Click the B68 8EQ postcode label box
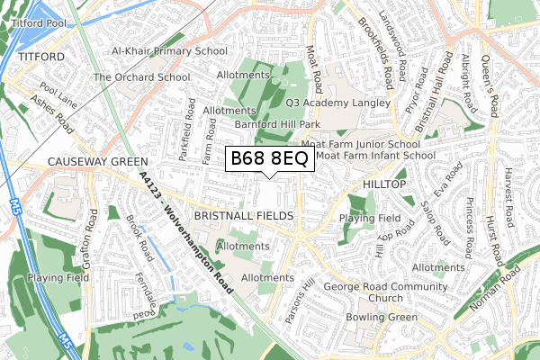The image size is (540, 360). pos(269,159)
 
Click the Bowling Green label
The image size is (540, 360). pos(382,318)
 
